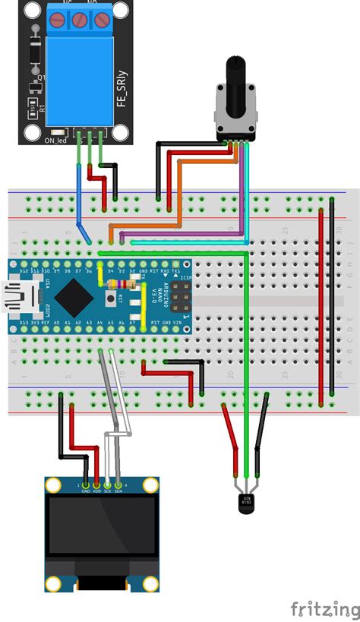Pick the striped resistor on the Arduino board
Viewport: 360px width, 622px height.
pyautogui.click(x=121, y=285)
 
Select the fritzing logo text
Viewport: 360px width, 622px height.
pyautogui.click(x=325, y=608)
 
